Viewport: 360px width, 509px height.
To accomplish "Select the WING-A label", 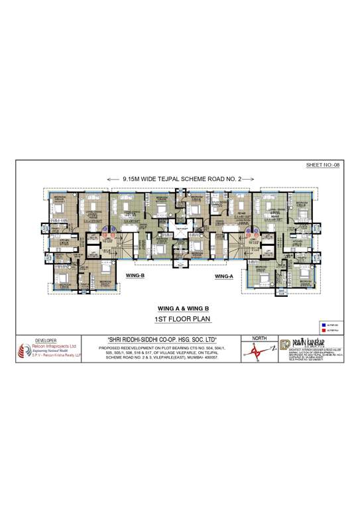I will tap(225, 273).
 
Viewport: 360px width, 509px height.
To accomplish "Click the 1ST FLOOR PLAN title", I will tap(180, 320).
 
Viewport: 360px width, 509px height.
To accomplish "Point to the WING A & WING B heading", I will tap(180, 308).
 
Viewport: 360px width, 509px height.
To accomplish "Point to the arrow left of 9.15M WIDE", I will tap(113, 178).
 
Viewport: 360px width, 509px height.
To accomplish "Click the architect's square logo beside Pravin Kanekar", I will tap(285, 344).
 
